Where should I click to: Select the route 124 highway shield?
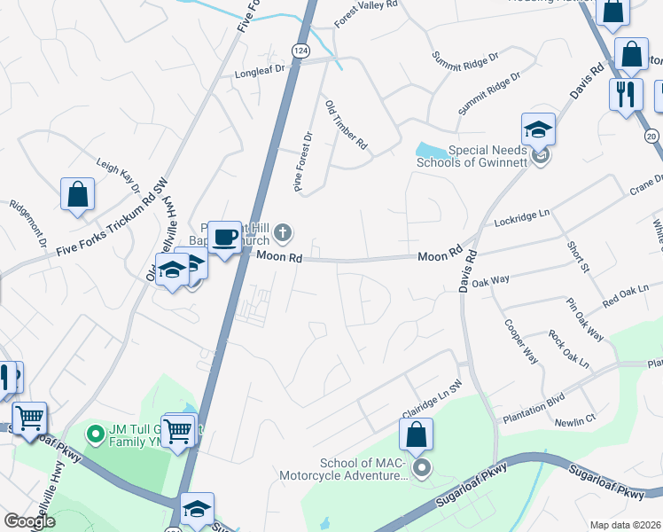302,52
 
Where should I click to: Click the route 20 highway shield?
652,136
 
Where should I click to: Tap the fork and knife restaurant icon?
626,94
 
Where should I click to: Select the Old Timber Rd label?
347,124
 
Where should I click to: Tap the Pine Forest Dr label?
304,162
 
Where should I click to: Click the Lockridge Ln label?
522,215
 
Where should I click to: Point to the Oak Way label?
491,281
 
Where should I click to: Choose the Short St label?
578,256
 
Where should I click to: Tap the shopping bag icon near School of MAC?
416,435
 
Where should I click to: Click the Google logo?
30,521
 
